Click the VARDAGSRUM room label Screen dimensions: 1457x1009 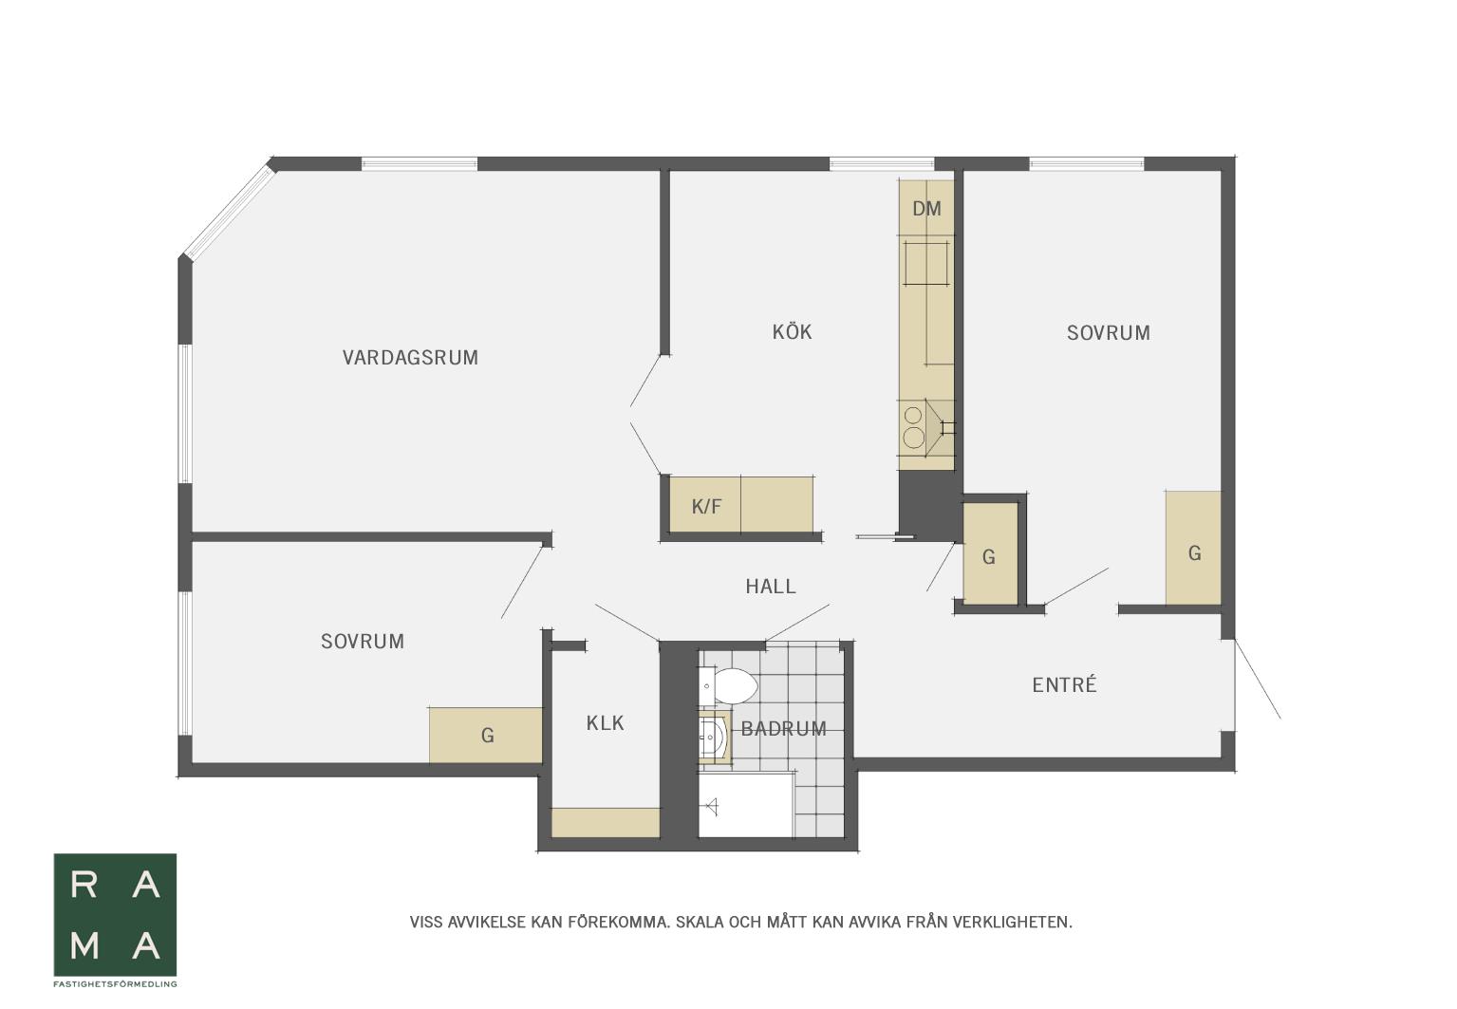pyautogui.click(x=410, y=358)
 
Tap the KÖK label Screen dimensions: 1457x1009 pyautogui.click(x=792, y=332)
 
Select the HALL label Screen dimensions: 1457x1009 pyautogui.click(x=771, y=587)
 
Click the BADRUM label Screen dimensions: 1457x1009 pyautogui.click(x=784, y=729)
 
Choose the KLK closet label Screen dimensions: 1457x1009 pyautogui.click(x=605, y=722)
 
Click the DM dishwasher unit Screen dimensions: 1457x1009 pyautogui.click(x=927, y=208)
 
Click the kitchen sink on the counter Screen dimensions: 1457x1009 pyautogui.click(x=926, y=264)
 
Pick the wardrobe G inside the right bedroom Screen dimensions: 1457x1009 pyautogui.click(x=1193, y=548)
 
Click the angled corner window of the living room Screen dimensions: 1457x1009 pyautogui.click(x=229, y=211)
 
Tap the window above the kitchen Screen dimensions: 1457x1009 pyautogui.click(x=882, y=163)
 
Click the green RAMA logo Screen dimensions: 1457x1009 pyautogui.click(x=115, y=914)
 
